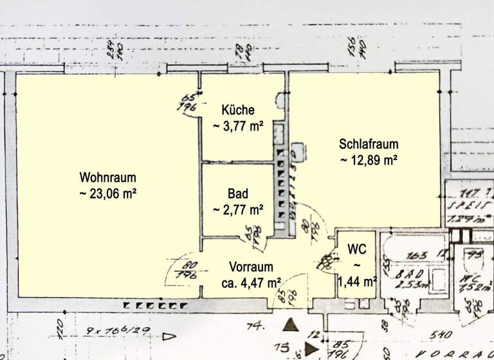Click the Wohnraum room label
pyautogui.click(x=108, y=177)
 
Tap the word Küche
pyautogui.click(x=238, y=109)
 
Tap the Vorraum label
pyautogui.click(x=252, y=266)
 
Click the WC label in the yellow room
pyautogui.click(x=356, y=249)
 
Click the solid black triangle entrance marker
pyautogui.click(x=291, y=325)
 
